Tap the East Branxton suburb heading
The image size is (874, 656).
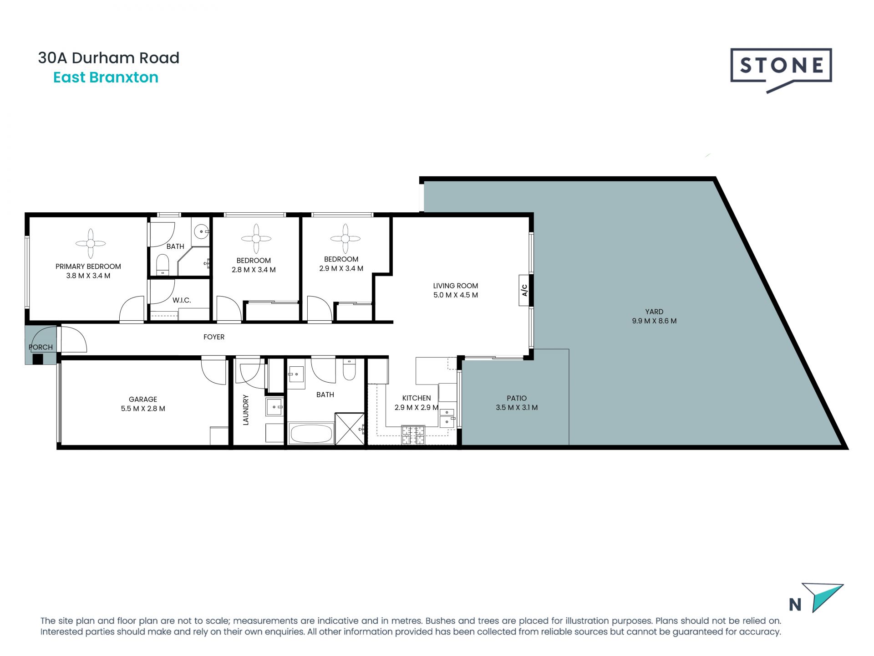[106, 77]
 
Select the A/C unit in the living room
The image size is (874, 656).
[524, 290]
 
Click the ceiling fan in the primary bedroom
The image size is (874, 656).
[91, 244]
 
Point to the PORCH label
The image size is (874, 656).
[41, 347]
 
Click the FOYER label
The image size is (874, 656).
[214, 337]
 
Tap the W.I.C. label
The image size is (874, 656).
[182, 300]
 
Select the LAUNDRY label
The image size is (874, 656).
[246, 410]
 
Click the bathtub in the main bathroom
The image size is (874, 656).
[311, 434]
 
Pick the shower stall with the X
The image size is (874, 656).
[350, 429]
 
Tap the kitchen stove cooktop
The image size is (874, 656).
[413, 435]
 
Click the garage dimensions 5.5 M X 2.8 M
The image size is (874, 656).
[143, 409]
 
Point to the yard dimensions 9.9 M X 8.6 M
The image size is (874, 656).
[654, 321]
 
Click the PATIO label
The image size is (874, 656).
[517, 398]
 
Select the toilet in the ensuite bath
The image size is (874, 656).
[163, 264]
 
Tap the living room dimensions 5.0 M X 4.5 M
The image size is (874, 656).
[455, 295]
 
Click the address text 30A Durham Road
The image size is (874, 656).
[109, 58]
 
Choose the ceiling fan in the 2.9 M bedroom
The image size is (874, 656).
[346, 238]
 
